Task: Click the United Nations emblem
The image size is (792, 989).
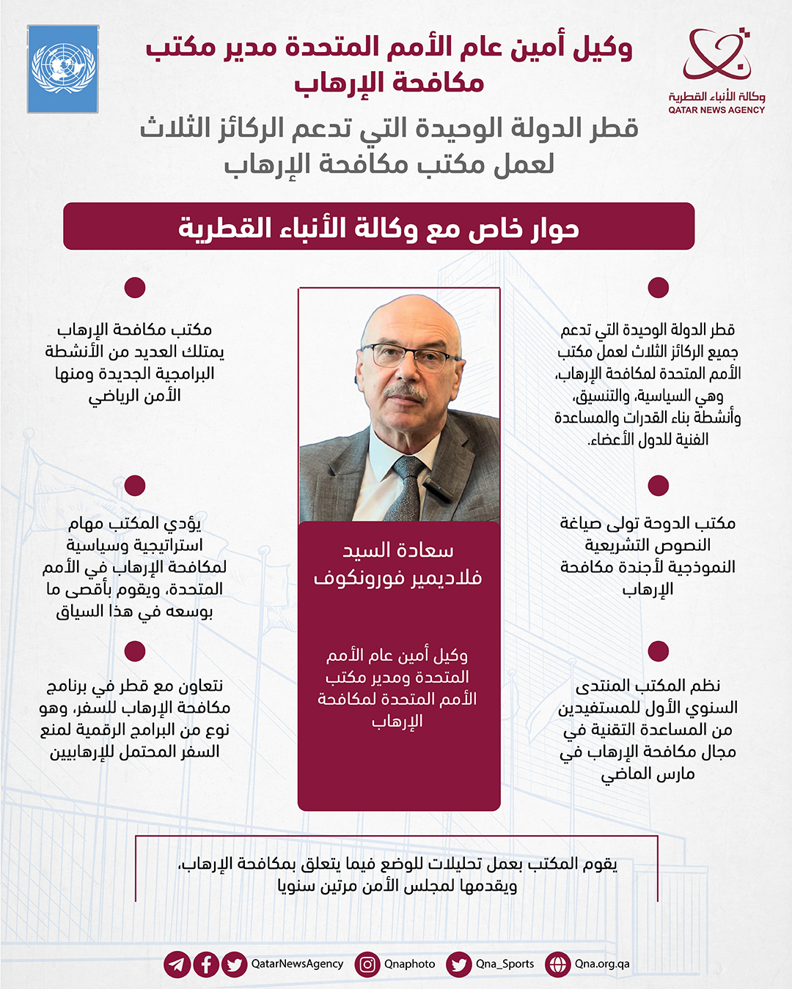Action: coord(63,69)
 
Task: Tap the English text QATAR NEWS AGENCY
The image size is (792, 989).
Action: coord(716,111)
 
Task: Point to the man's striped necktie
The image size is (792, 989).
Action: coord(407,487)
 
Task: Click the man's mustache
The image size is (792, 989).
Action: coord(404,392)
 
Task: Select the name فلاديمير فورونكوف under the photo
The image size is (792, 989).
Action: coord(398,578)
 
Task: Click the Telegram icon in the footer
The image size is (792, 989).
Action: coord(177,964)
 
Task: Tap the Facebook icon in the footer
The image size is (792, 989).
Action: coord(206,964)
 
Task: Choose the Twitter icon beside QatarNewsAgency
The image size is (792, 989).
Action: coord(235,964)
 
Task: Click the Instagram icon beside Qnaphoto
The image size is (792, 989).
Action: coord(367,964)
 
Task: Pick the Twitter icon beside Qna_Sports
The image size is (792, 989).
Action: coord(459,964)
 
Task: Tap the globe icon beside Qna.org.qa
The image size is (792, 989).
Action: coord(558,964)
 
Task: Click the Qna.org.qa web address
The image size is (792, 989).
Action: coord(602,964)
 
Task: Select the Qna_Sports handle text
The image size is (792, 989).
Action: coord(505,964)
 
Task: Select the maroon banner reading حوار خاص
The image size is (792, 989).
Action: coord(378,227)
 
